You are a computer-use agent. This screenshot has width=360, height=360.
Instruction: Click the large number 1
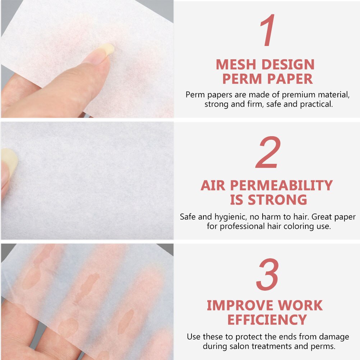click(268, 32)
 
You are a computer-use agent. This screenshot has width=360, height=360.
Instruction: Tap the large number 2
click(268, 153)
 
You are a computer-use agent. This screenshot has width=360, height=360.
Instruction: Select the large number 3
click(268, 275)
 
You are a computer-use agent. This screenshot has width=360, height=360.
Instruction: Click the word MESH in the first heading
click(236, 65)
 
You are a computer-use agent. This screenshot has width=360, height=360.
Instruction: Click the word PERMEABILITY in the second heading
click(281, 185)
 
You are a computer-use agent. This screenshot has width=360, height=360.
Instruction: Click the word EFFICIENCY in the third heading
click(267, 320)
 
